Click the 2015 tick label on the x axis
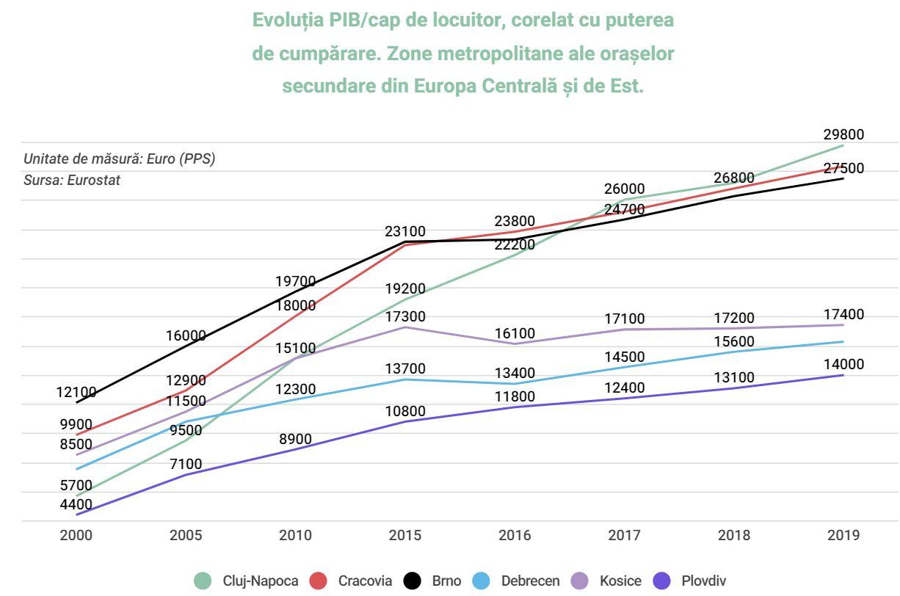click(x=404, y=535)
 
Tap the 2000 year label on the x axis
click(x=76, y=535)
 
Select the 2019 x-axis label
click(x=843, y=535)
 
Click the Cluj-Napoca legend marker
click(x=203, y=581)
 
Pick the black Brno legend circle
click(x=413, y=581)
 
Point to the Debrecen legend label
click(x=530, y=581)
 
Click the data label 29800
click(x=843, y=134)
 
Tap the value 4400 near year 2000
click(x=76, y=504)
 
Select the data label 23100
click(x=404, y=232)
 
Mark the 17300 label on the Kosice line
click(x=404, y=316)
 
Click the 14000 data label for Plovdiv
click(x=843, y=365)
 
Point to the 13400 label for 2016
click(x=515, y=373)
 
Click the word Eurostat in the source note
click(x=94, y=180)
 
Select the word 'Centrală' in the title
click(x=526, y=86)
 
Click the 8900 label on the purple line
click(x=295, y=440)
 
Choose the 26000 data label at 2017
click(x=624, y=189)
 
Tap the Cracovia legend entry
click(x=365, y=581)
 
